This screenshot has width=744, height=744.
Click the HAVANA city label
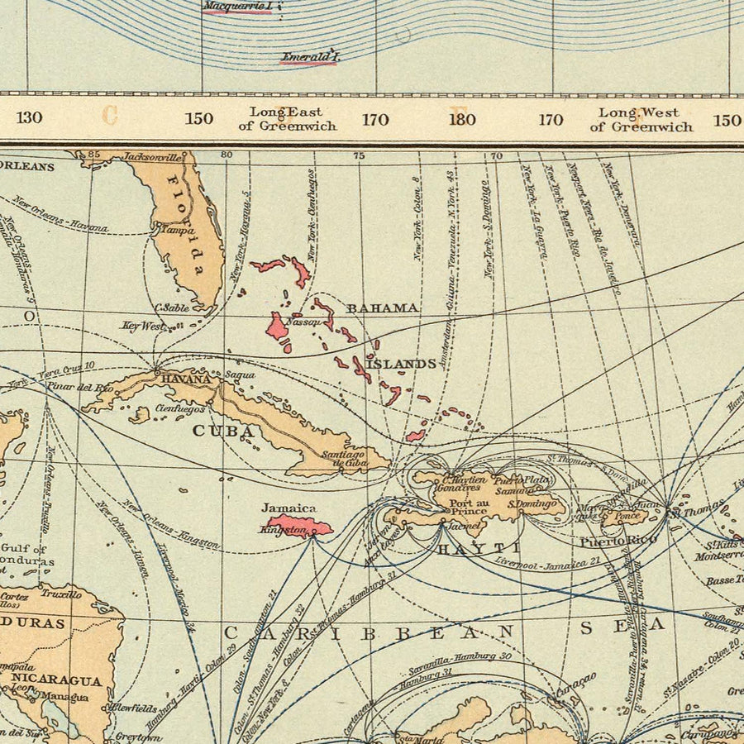click(180, 379)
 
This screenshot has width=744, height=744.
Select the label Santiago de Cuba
click(343, 458)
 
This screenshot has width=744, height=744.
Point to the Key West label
click(142, 327)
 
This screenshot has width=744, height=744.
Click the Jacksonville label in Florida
click(152, 156)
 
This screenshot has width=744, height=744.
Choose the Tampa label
click(165, 232)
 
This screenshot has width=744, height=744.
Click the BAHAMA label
click(382, 308)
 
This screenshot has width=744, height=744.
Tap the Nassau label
click(302, 322)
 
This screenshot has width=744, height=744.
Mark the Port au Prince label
click(469, 505)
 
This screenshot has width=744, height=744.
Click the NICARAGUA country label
click(57, 681)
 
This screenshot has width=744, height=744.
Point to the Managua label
click(66, 697)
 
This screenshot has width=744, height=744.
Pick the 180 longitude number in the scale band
click(462, 119)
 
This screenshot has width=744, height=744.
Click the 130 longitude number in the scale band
click(29, 117)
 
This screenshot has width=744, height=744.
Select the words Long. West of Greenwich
click(641, 119)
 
